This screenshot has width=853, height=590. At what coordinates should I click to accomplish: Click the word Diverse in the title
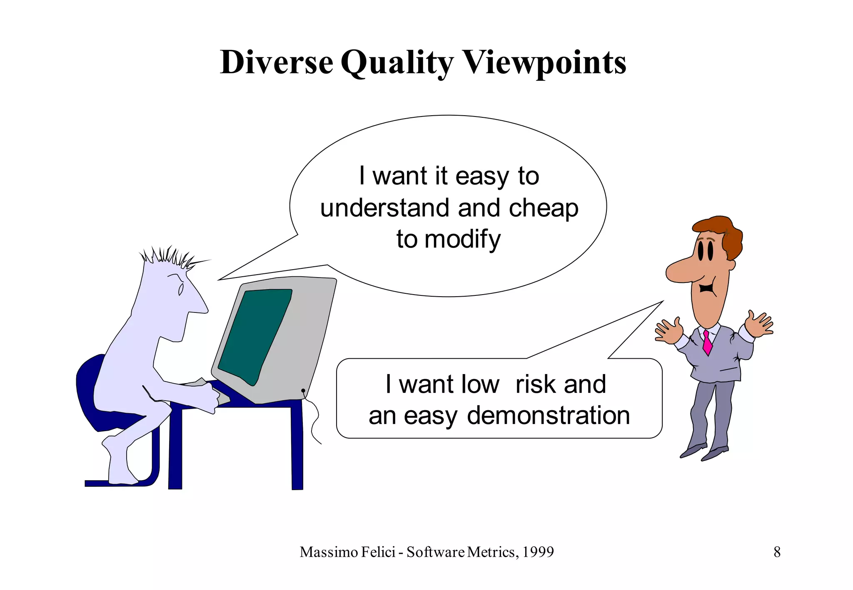pos(277,62)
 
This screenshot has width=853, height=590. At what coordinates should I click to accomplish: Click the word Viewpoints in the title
pos(545,62)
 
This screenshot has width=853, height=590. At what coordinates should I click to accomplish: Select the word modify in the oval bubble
pos(462,239)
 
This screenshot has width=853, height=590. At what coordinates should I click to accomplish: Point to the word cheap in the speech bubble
pos(544,208)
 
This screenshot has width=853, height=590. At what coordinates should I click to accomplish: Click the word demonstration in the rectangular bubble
pos(548,415)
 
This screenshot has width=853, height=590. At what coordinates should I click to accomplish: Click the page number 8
pos(777,552)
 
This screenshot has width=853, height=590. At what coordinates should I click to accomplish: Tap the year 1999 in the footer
pos(538,552)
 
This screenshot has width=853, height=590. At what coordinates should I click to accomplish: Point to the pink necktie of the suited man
pos(707,342)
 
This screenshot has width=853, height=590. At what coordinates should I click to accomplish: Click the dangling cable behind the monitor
pos(314,420)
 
